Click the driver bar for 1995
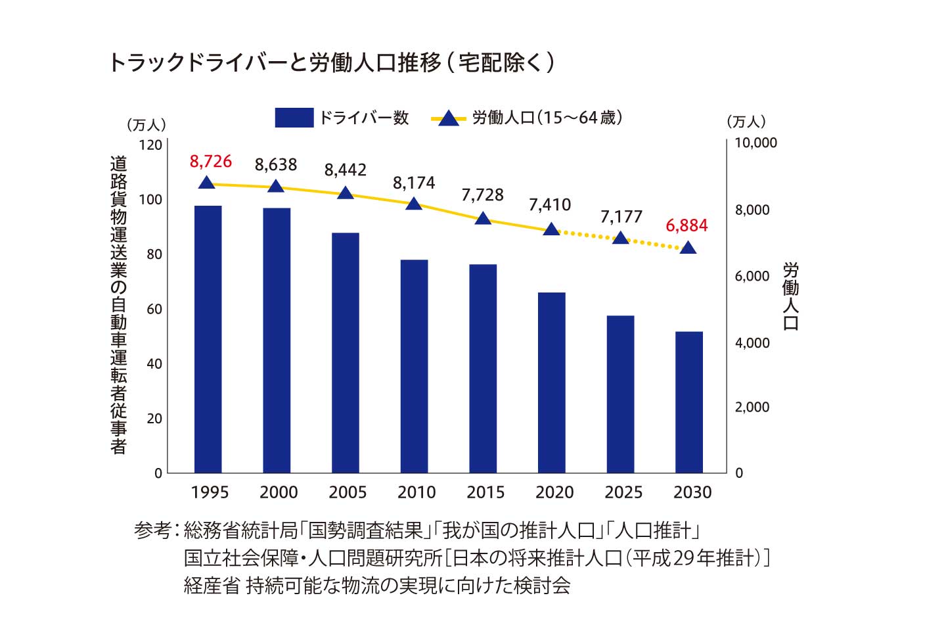click(208, 339)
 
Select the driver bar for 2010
click(414, 366)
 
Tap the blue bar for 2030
click(689, 402)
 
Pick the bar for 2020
click(552, 383)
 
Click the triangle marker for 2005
click(346, 193)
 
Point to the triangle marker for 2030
click(688, 248)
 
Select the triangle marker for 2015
click(483, 218)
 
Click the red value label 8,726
click(211, 161)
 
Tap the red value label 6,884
click(687, 225)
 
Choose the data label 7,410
click(550, 205)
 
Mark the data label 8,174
click(414, 183)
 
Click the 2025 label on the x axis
click(623, 492)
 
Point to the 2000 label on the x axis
click(279, 492)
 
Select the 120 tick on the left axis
click(151, 145)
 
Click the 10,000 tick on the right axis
click(755, 143)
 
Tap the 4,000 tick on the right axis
click(752, 343)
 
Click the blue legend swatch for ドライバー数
click(294, 118)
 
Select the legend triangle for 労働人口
click(449, 118)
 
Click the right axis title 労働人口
click(791, 296)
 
